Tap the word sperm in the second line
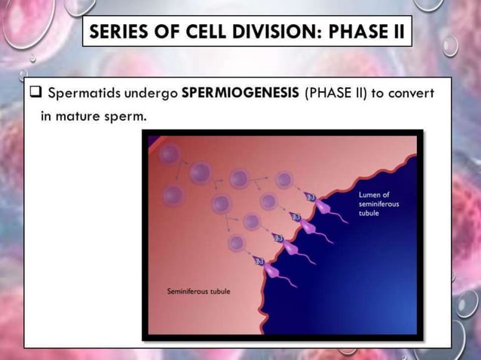[130, 116]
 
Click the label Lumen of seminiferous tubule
[378, 203]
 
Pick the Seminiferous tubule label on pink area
[198, 291]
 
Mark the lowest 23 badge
[260, 261]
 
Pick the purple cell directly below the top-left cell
[174, 196]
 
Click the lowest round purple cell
[236, 243]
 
